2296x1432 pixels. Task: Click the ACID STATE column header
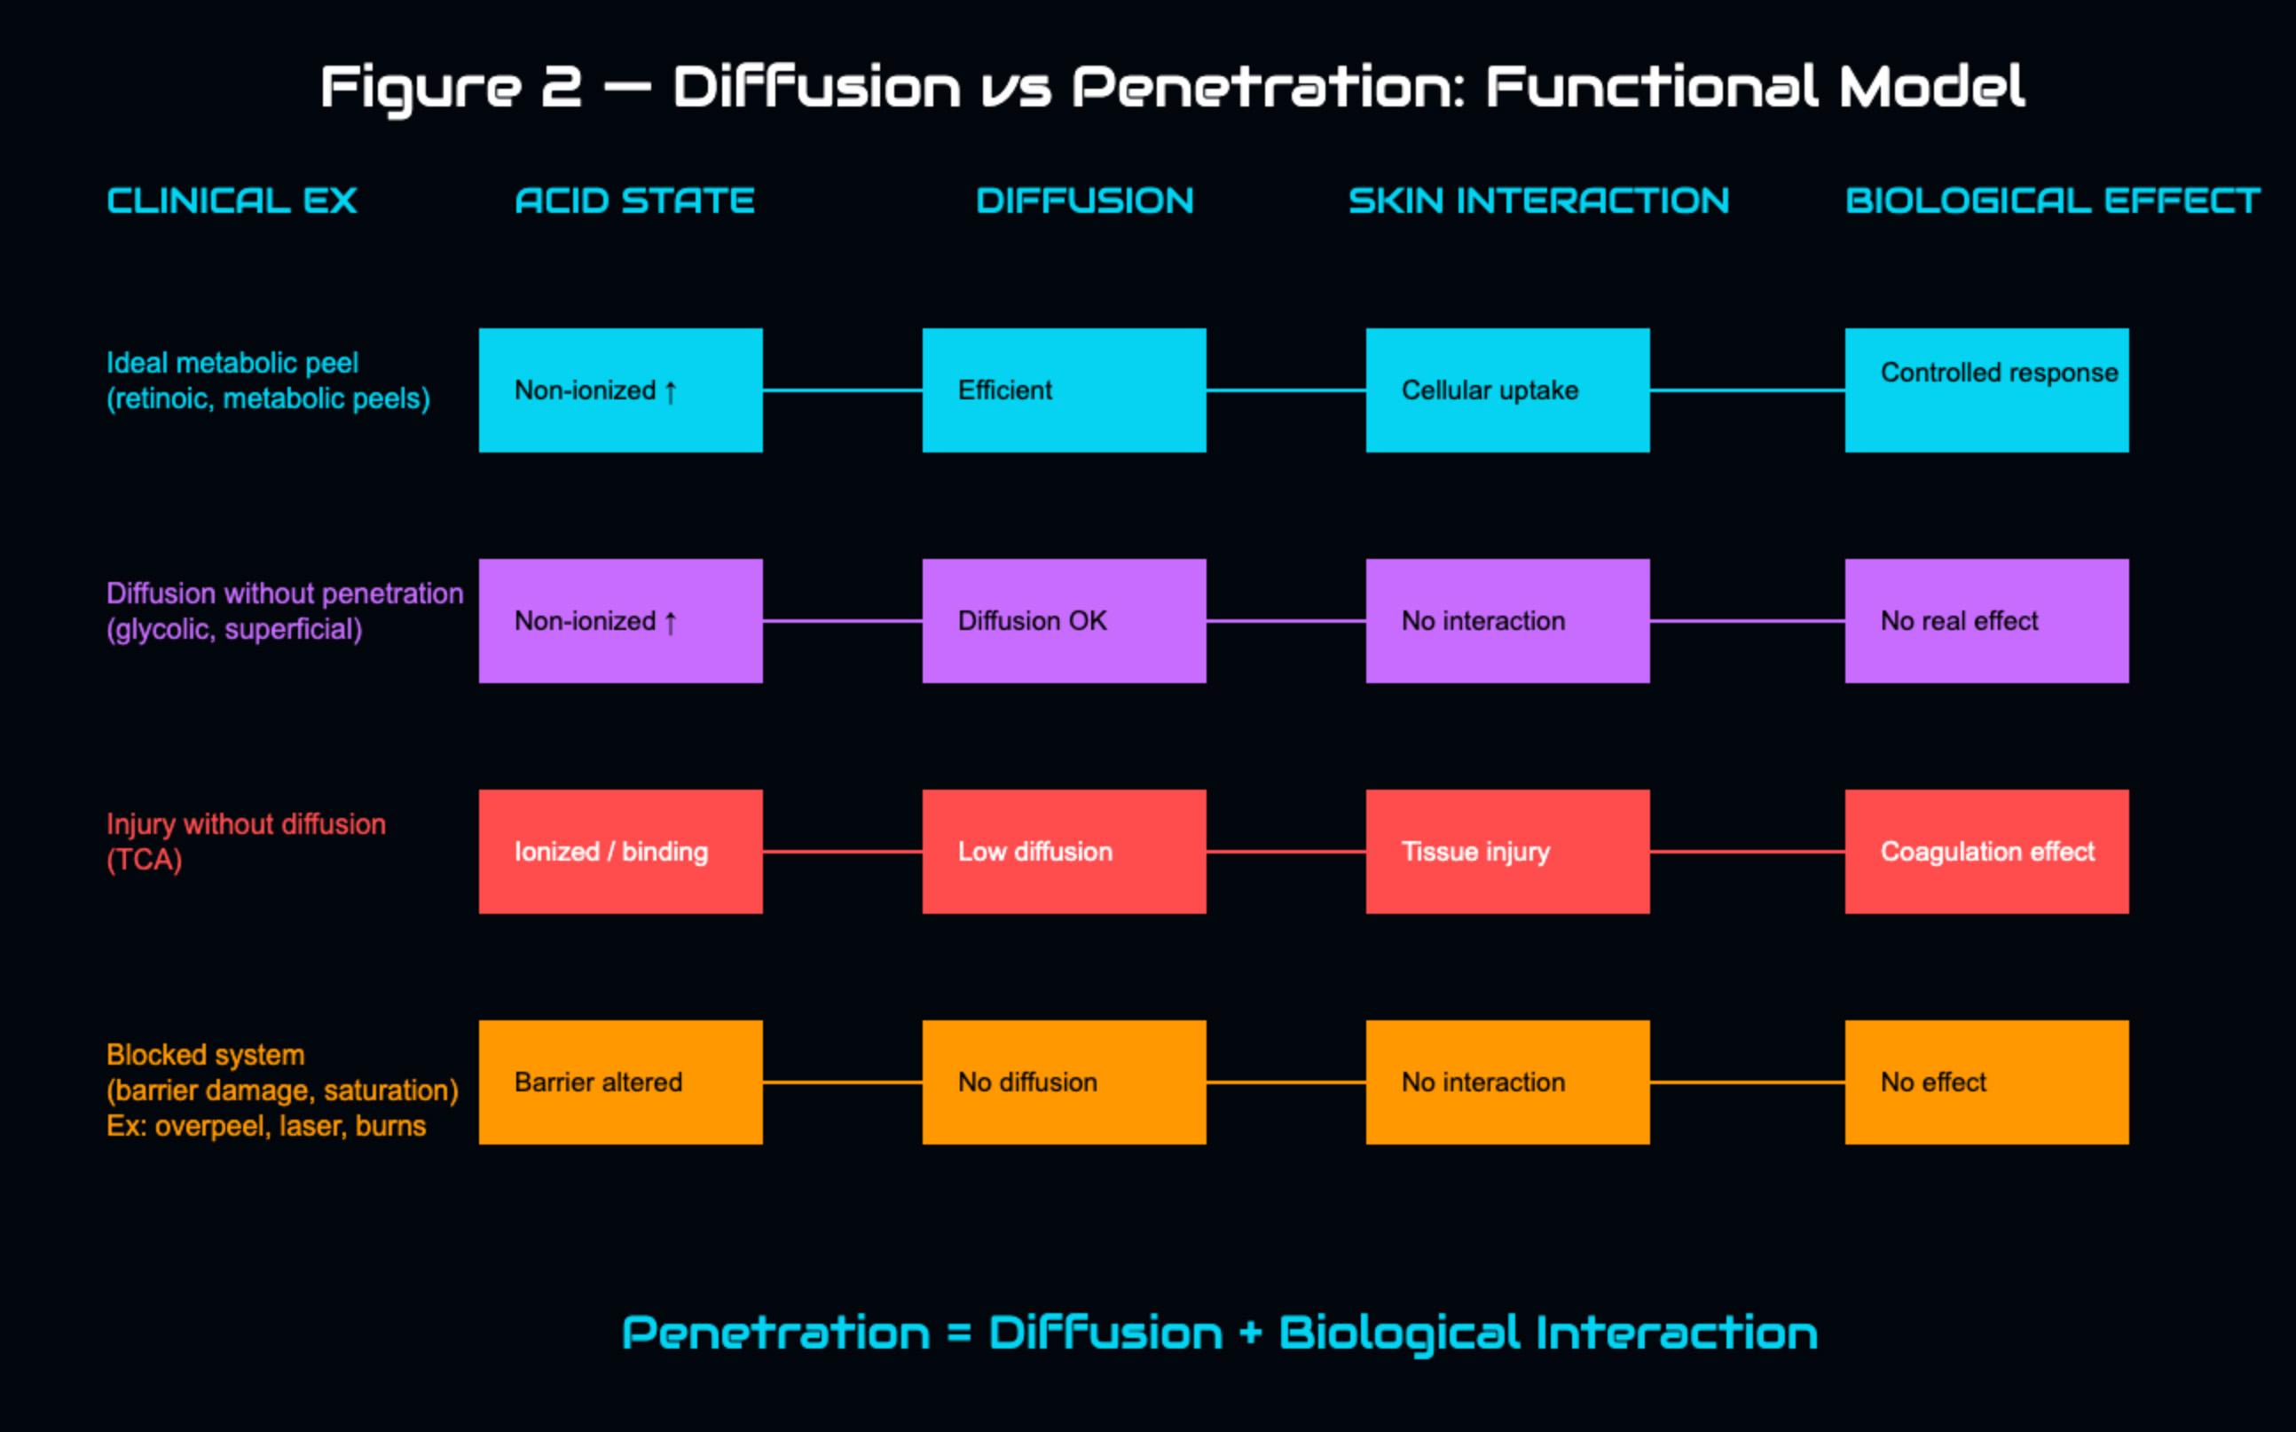[x=634, y=201]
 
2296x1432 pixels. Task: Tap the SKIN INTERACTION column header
[x=1538, y=201]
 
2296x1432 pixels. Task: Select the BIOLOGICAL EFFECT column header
[x=2052, y=201]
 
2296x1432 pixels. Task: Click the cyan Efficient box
[x=1065, y=390]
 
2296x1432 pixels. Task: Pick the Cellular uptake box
[x=1507, y=390]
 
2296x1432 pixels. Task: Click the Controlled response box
[x=1986, y=390]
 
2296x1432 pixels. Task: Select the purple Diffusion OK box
[x=1065, y=620]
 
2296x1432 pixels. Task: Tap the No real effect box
[x=1986, y=620]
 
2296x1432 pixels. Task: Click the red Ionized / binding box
[x=620, y=852]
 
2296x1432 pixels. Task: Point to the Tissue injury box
[x=1507, y=852]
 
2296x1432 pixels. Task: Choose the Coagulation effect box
[x=1986, y=852]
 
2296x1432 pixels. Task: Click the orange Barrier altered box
[x=620, y=1082]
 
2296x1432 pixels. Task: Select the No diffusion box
[x=1065, y=1082]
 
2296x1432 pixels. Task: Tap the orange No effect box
[x=1986, y=1082]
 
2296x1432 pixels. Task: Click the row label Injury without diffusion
[x=246, y=825]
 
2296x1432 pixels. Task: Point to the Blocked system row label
[x=206, y=1055]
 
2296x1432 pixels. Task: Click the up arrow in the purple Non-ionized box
[x=671, y=622]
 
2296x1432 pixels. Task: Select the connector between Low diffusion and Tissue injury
[x=1286, y=852]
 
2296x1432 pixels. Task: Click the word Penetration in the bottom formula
[x=776, y=1334]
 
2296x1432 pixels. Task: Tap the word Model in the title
[x=1931, y=87]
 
